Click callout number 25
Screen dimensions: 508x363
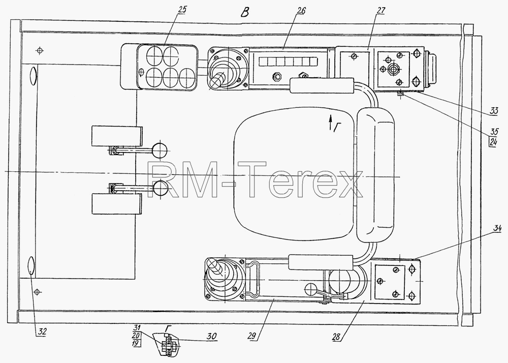(x=182, y=10)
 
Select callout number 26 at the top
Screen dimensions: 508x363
(x=300, y=11)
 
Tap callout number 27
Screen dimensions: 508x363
(x=380, y=11)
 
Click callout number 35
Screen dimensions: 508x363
(x=494, y=132)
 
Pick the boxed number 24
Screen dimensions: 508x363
(x=493, y=142)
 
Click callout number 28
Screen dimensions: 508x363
(x=336, y=337)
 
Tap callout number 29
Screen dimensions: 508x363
(x=253, y=336)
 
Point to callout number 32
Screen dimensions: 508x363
(x=42, y=331)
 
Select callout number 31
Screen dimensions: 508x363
(x=136, y=328)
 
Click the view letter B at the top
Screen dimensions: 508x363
(x=245, y=13)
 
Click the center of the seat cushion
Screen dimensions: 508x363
(x=295, y=174)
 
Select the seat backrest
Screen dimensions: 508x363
(x=376, y=175)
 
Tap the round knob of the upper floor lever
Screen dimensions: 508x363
(x=160, y=150)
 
